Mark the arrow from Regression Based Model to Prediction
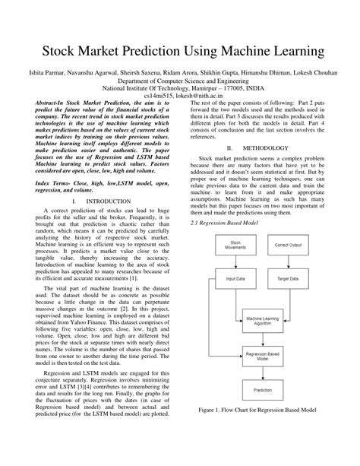point(261,374)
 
